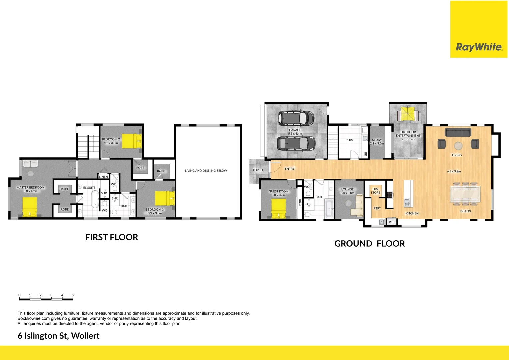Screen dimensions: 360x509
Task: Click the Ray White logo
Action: point(479,47)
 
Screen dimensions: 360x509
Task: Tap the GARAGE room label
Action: point(295,130)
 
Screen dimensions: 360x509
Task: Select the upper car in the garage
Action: point(296,118)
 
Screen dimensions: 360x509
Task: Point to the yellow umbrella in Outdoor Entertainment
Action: point(408,114)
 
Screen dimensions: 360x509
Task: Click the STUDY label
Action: point(377,140)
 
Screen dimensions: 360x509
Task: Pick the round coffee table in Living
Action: point(458,146)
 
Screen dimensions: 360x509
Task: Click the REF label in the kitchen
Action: point(391,222)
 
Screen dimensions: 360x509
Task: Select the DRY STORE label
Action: point(375,191)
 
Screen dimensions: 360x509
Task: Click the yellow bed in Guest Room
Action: point(278,208)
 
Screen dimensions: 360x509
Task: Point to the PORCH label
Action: point(258,170)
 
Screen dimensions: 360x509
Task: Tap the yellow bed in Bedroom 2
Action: point(131,141)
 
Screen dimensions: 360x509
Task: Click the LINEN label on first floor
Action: point(103,177)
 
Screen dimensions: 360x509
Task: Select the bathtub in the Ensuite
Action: point(95,199)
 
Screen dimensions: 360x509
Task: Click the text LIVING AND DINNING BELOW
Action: point(206,171)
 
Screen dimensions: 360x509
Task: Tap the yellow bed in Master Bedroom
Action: point(30,207)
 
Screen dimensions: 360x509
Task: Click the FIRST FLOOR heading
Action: point(111,237)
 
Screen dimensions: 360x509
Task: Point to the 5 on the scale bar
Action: point(72,295)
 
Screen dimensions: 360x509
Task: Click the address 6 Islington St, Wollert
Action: point(58,336)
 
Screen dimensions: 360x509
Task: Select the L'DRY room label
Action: point(349,140)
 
